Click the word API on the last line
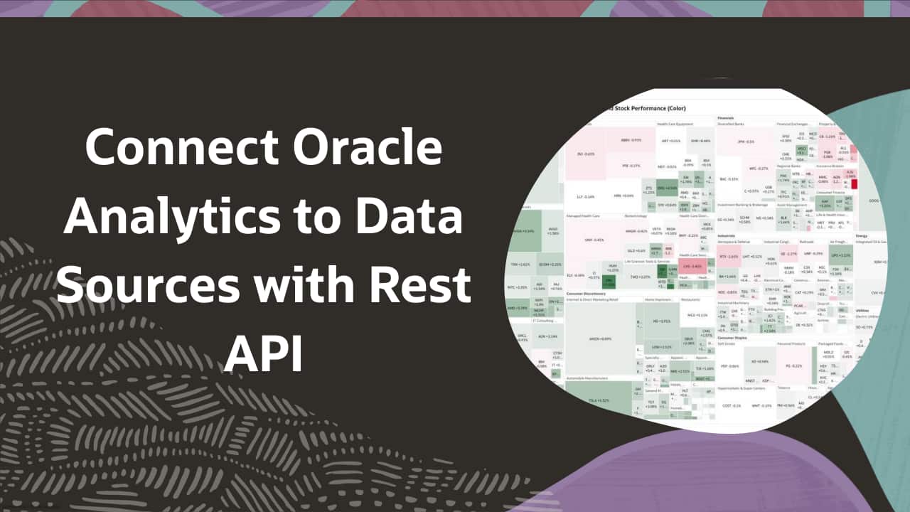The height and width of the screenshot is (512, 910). tap(264, 353)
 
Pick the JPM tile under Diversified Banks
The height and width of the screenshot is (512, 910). tap(745, 142)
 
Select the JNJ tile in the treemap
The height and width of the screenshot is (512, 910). tap(585, 154)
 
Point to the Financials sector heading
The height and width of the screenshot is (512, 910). tap(726, 117)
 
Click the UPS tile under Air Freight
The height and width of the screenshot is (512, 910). tap(840, 255)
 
